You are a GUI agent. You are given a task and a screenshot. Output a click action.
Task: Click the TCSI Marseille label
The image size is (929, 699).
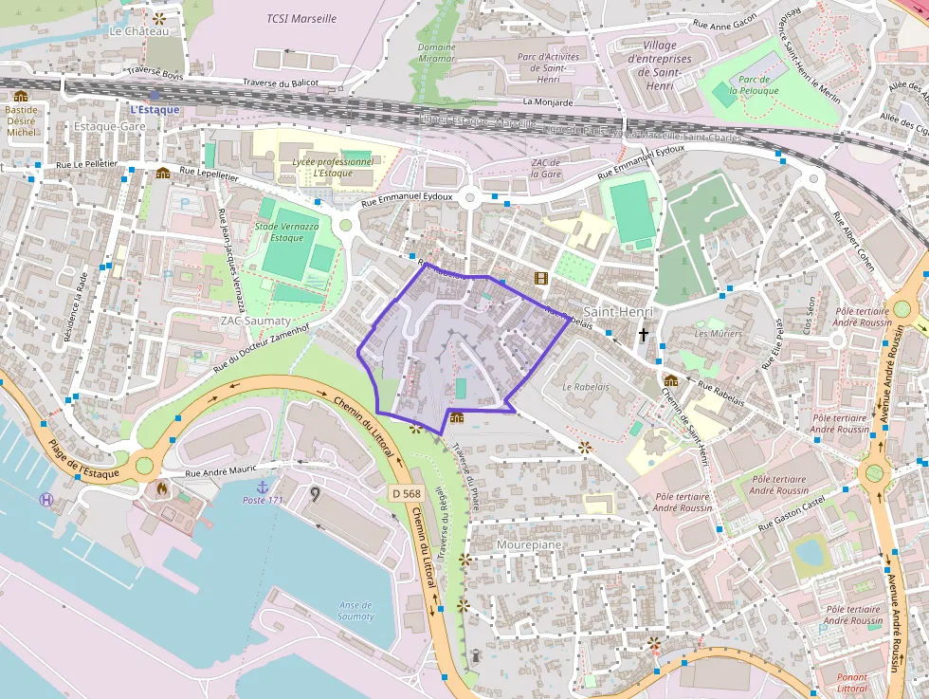point(301,19)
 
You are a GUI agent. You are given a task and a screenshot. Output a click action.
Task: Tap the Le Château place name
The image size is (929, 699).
point(138,31)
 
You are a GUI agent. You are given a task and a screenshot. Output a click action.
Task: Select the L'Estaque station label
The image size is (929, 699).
point(155,109)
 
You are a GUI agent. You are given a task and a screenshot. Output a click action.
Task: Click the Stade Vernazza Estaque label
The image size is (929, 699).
point(286,232)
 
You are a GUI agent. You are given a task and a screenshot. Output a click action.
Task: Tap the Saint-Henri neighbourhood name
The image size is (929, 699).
point(618,312)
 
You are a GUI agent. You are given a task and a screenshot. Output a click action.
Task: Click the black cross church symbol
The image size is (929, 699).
point(644,335)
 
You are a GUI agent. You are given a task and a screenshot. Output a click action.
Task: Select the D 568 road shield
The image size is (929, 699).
point(406,493)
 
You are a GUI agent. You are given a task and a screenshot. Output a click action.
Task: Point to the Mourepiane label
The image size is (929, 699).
point(529,545)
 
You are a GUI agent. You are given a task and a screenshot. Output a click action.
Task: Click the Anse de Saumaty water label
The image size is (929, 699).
point(355,611)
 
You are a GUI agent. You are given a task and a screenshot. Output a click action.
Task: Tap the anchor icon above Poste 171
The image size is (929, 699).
point(264,487)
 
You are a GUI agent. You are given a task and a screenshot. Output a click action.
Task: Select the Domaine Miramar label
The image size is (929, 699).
point(436,54)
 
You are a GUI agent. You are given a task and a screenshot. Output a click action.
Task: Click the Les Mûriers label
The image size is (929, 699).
point(718,334)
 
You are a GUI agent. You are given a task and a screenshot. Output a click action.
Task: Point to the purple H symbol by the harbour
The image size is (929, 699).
point(46,500)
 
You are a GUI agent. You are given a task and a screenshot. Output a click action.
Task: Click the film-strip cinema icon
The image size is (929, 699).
point(540,278)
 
